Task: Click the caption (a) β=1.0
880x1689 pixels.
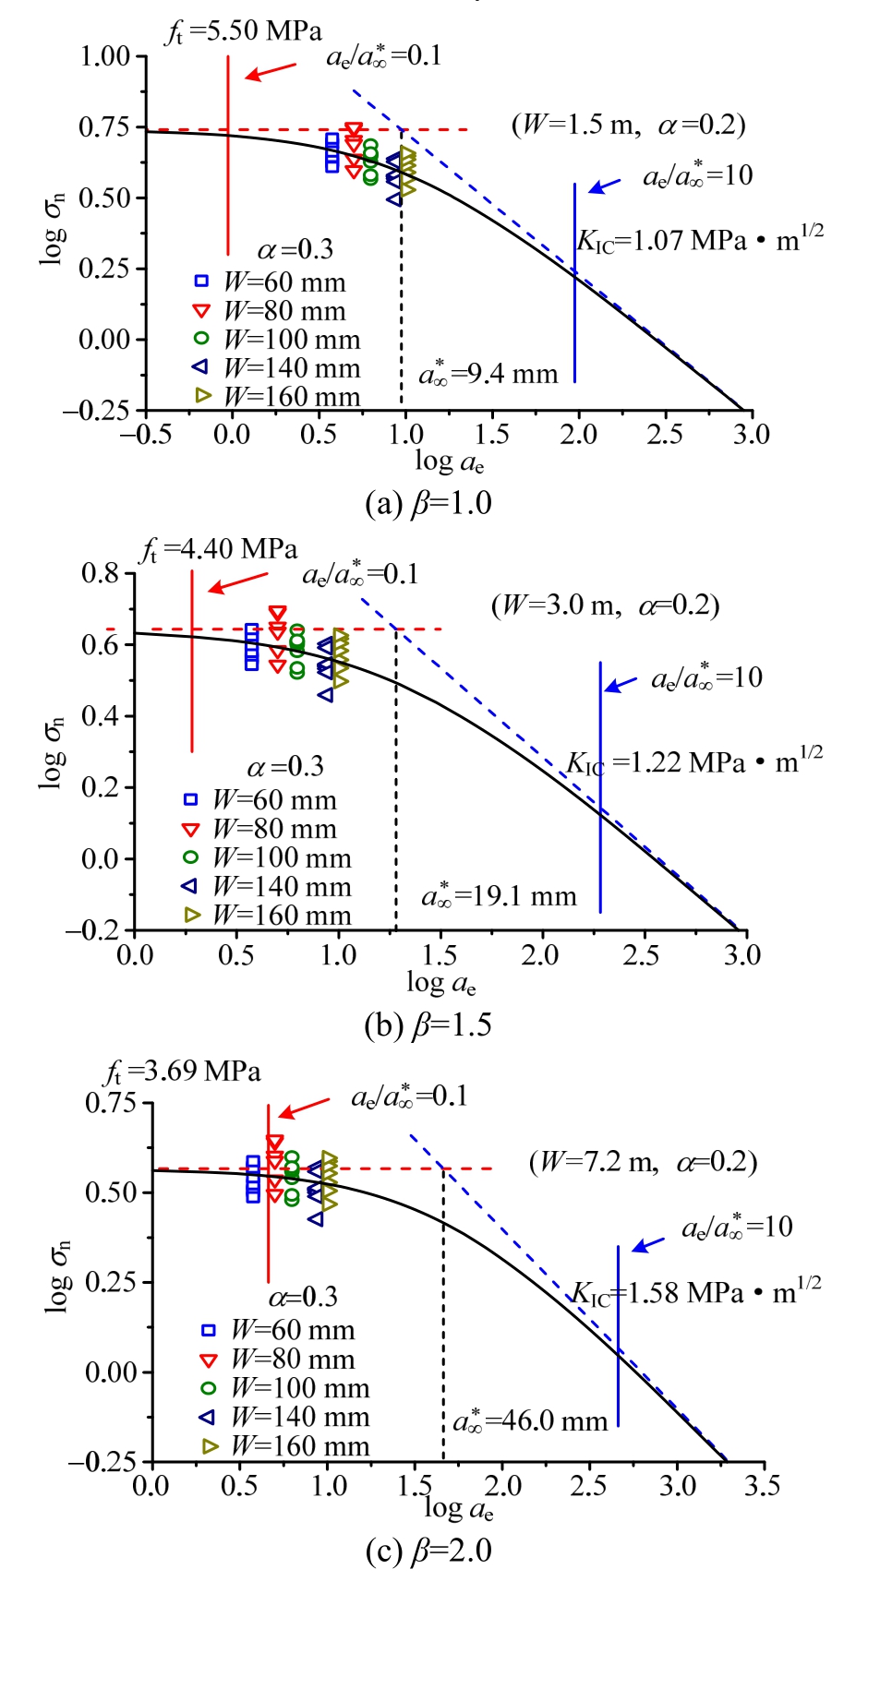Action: pyautogui.click(x=428, y=504)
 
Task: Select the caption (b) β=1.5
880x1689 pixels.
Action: pyautogui.click(x=428, y=1025)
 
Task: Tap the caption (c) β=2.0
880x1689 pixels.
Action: pyautogui.click(x=428, y=1551)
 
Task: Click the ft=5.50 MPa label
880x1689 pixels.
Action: pyautogui.click(x=244, y=32)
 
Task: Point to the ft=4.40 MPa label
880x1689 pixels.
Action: pyautogui.click(x=219, y=550)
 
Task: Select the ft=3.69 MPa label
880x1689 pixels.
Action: pyautogui.click(x=182, y=1072)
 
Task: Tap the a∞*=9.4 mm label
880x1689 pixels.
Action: pyautogui.click(x=488, y=373)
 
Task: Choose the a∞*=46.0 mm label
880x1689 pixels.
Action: pyautogui.click(x=530, y=1420)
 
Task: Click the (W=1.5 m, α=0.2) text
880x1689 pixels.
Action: pyautogui.click(x=629, y=125)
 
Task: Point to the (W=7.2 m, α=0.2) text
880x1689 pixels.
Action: pyautogui.click(x=643, y=1162)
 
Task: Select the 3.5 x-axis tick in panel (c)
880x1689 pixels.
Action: pyautogui.click(x=762, y=1485)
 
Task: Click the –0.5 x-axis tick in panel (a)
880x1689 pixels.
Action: pyautogui.click(x=146, y=435)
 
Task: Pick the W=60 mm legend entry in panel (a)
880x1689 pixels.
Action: pyautogui.click(x=272, y=282)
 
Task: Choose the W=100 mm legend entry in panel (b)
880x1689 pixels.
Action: pyautogui.click(x=269, y=858)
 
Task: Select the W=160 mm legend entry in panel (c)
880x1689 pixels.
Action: pyautogui.click(x=286, y=1446)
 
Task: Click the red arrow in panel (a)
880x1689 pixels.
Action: pyautogui.click(x=271, y=71)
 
